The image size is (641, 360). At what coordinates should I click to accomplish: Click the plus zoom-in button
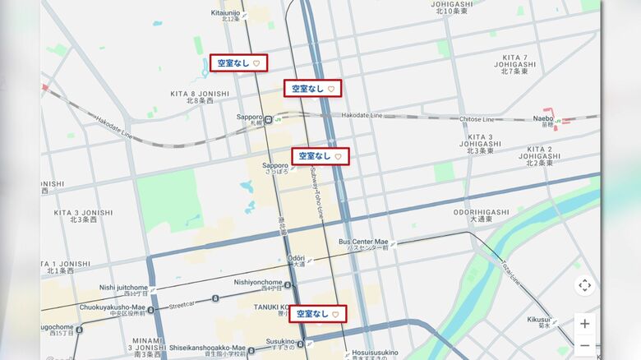[584, 323]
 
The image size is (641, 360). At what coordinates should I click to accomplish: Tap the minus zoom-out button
[584, 346]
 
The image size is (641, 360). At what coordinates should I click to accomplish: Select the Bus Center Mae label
[362, 242]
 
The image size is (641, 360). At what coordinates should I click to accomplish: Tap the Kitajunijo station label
[225, 13]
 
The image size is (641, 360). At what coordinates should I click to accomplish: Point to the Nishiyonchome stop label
[258, 282]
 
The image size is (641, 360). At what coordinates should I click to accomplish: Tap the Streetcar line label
[182, 303]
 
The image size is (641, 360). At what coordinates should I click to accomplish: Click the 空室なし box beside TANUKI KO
[317, 314]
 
